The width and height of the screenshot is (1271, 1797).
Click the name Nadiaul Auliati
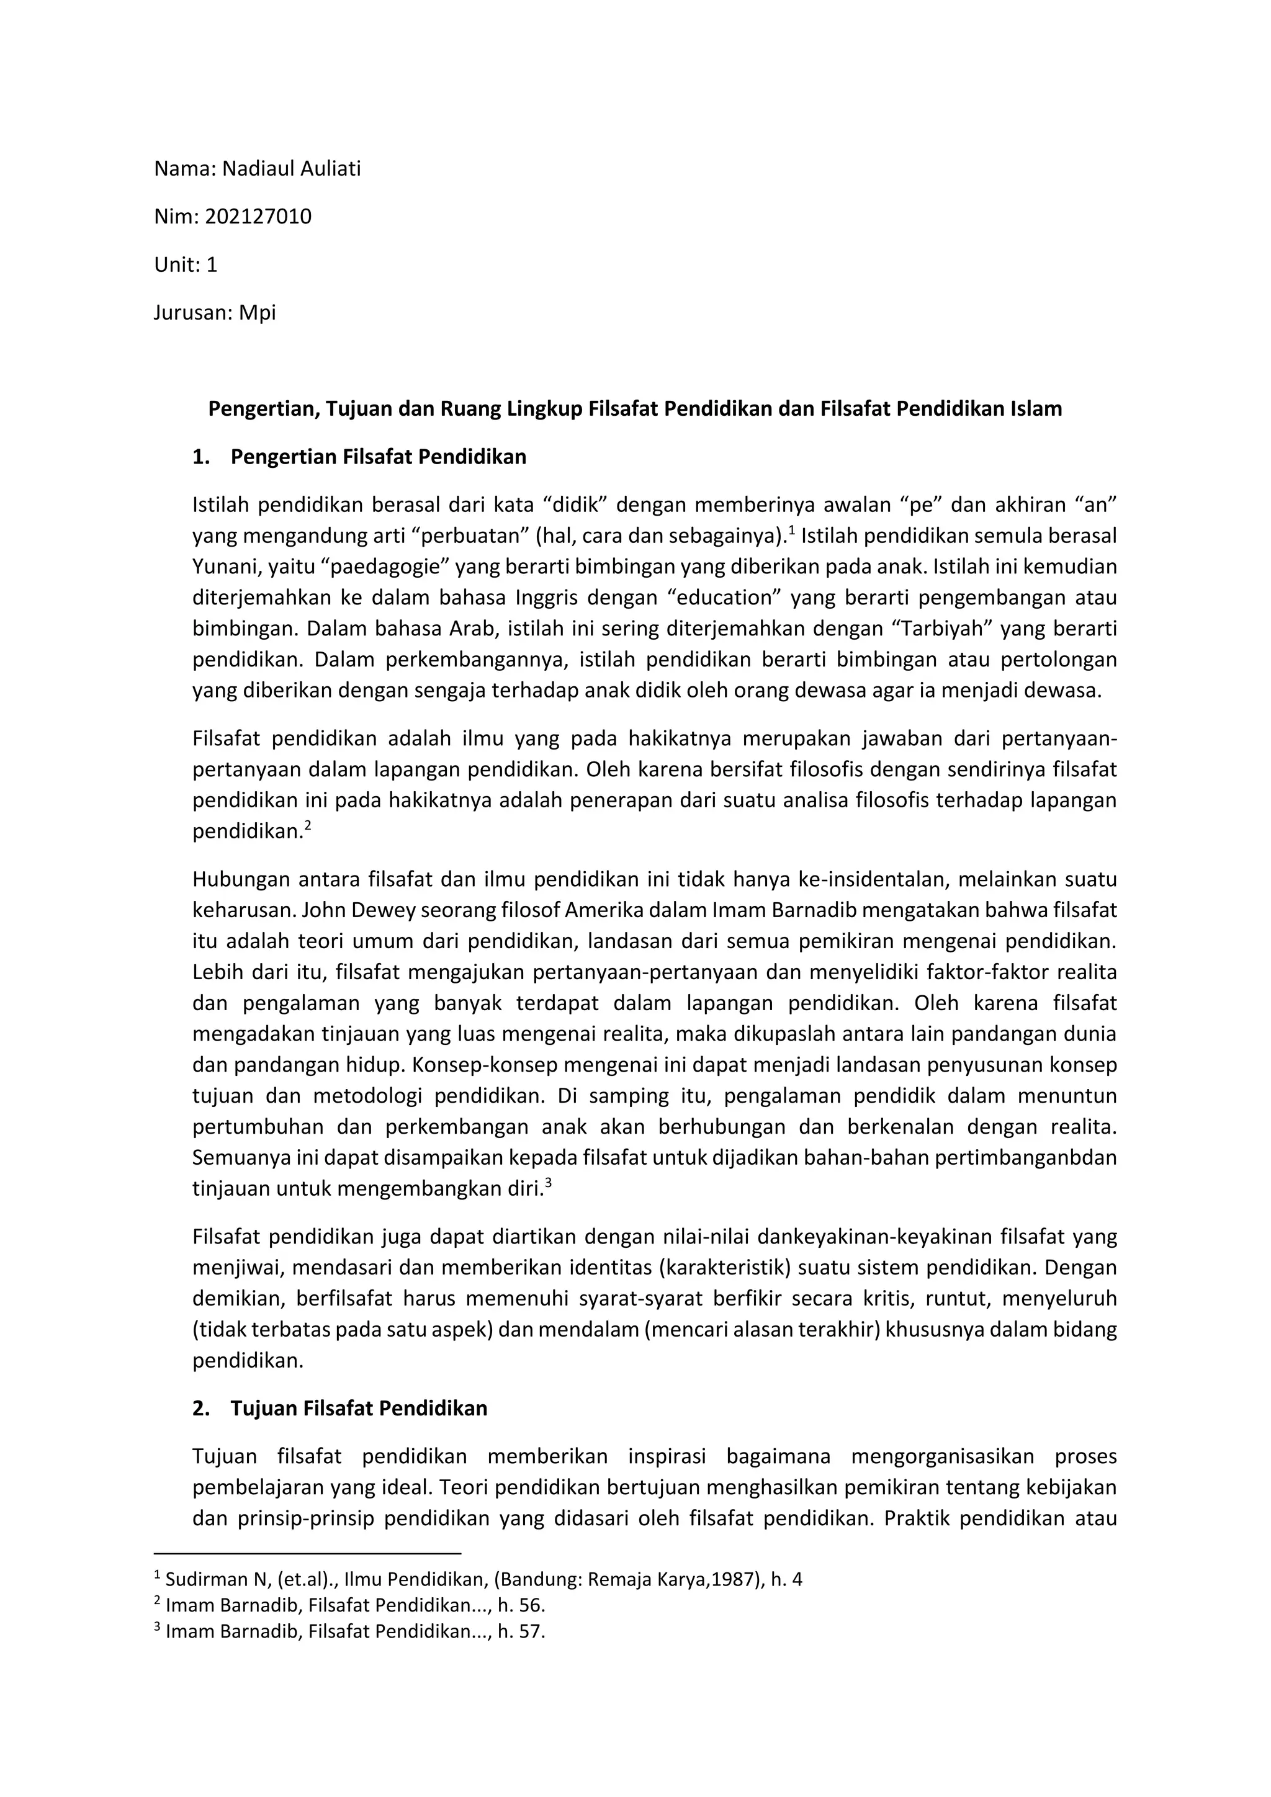tap(291, 168)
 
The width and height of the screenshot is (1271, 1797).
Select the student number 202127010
tap(258, 217)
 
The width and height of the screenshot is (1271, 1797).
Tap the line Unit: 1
tap(186, 264)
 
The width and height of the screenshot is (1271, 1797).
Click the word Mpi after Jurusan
tap(258, 313)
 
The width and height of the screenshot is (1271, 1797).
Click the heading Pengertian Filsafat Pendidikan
tap(378, 457)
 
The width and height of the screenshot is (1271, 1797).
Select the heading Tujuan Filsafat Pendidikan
tap(359, 1408)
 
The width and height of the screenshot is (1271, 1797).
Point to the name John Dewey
tap(359, 910)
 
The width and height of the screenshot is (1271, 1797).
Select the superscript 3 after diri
tap(549, 1183)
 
